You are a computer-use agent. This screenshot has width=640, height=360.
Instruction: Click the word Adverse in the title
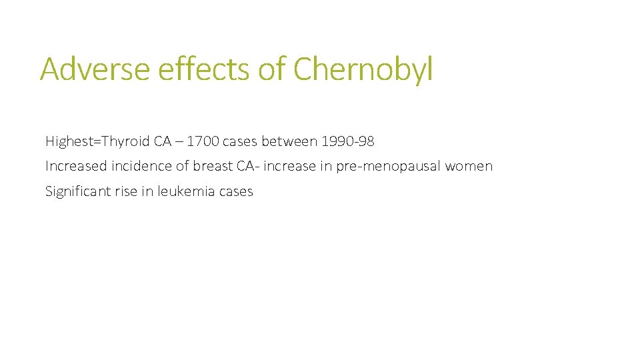(x=95, y=69)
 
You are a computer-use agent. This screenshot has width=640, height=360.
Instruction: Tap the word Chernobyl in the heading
(x=363, y=69)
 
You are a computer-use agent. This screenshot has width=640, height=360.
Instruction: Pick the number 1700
(x=202, y=141)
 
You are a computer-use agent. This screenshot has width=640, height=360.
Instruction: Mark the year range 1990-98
(x=347, y=141)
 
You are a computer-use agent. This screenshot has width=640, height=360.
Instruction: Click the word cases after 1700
(x=240, y=141)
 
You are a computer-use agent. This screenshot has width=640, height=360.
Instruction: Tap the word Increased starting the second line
(x=75, y=166)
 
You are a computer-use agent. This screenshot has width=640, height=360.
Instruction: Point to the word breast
(x=213, y=166)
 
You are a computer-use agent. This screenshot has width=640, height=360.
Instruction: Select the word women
(x=469, y=166)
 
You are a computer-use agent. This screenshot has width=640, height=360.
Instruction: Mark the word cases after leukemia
(x=235, y=191)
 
